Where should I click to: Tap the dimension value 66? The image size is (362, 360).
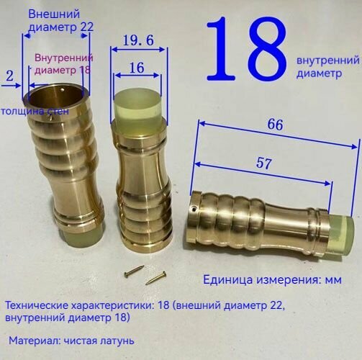click(x=274, y=125)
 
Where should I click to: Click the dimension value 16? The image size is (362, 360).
click(x=136, y=68)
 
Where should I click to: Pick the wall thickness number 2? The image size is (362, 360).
click(x=9, y=75)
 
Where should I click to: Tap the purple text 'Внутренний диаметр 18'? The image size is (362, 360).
click(x=64, y=65)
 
